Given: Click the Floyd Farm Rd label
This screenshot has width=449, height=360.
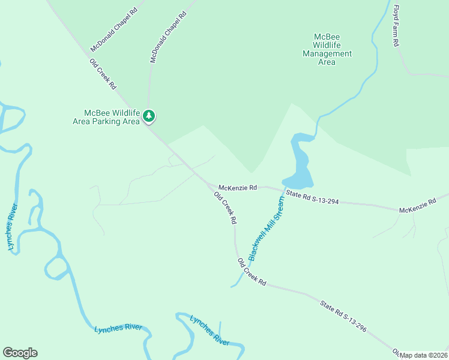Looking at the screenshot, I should (396, 27).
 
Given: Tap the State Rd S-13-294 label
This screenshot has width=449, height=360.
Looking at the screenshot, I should (312, 197).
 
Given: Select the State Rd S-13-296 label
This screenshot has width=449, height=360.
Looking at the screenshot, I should (343, 316).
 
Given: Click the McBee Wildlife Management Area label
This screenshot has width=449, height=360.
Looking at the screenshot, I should (327, 49).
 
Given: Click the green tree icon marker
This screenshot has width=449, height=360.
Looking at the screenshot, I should (149, 116).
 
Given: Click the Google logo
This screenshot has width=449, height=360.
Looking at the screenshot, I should (20, 353).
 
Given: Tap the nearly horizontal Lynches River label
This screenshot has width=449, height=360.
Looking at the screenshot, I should (118, 328).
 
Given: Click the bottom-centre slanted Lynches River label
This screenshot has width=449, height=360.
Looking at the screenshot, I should (209, 330).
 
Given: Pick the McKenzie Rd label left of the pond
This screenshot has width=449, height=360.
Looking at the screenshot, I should (238, 187).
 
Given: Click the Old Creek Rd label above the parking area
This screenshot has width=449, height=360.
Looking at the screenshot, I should (103, 74).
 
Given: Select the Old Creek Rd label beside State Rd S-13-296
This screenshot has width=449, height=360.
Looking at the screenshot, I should (252, 272).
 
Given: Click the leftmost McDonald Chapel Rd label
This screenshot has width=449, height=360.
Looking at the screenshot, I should (114, 30).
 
